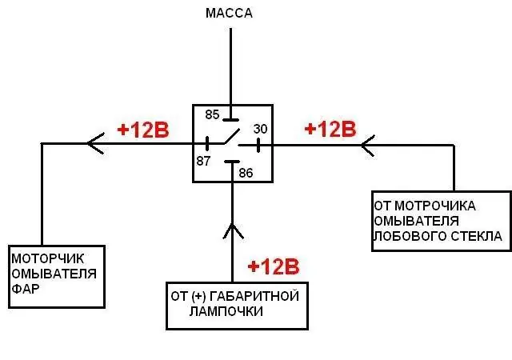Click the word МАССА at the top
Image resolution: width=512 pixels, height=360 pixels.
[x=229, y=14]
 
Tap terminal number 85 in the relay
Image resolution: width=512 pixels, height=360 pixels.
[x=212, y=114]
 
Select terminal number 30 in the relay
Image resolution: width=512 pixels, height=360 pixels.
[x=260, y=129]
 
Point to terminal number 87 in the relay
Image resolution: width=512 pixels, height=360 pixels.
[x=203, y=161]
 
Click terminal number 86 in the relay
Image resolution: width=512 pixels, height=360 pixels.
[x=246, y=173]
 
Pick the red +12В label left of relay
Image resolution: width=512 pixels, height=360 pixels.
[x=143, y=130]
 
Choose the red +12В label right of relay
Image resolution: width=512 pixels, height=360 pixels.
[x=330, y=129]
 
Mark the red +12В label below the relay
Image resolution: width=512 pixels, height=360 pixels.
[x=274, y=266]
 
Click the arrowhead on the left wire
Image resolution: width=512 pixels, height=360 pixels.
[x=96, y=143]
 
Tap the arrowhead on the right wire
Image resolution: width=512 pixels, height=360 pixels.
[x=368, y=146]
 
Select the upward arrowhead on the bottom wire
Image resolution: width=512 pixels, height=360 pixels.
[x=233, y=230]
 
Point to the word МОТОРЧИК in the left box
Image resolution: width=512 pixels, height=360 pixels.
[x=48, y=258]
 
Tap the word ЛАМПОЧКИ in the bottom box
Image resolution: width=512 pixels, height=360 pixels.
[x=226, y=311]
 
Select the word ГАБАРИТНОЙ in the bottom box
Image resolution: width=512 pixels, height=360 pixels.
[x=254, y=296]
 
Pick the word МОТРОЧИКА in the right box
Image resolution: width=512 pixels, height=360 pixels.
[x=435, y=206]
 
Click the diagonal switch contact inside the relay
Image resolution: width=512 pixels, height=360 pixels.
[x=232, y=136]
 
